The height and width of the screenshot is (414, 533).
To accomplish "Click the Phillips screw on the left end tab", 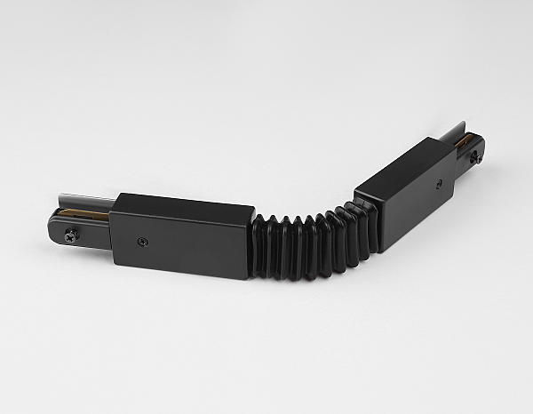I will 69,235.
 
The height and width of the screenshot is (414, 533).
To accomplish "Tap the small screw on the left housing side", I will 142,241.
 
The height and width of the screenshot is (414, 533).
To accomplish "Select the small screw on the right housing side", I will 439,183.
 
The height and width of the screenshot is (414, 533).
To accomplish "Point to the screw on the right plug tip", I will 475,158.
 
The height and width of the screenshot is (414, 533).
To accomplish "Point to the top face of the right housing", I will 404,160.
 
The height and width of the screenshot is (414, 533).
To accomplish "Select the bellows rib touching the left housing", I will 260,244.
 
